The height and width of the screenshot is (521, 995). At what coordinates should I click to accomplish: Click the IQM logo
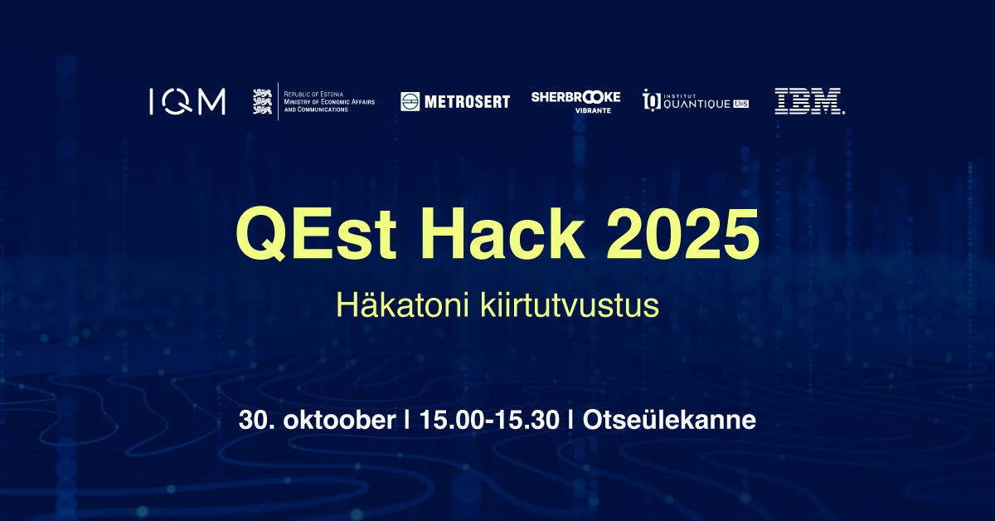coord(187,101)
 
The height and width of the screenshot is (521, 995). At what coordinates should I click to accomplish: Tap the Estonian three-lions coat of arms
coord(262,101)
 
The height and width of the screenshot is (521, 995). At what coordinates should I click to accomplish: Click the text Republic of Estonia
coord(313,95)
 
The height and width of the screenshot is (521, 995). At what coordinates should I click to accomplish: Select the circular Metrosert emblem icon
coord(410,102)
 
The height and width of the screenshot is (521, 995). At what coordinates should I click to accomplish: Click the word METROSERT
coord(468,102)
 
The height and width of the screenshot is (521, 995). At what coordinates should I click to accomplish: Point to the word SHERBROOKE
coord(575,97)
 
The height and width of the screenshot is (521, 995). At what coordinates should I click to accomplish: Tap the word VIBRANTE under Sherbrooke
coord(593,110)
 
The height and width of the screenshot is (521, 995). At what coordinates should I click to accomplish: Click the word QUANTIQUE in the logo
coord(696,105)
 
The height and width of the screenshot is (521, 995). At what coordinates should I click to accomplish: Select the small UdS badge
coord(741,104)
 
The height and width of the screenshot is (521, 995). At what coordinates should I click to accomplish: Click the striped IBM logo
coord(809,101)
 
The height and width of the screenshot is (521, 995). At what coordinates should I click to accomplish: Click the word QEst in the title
coord(316,233)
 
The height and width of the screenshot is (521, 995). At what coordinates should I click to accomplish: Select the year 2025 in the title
coord(682,233)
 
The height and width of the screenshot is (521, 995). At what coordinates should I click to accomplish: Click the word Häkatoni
coord(402,305)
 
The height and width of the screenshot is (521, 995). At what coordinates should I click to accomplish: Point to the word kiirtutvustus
coord(570,305)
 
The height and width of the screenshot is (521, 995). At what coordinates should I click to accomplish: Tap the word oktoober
coord(339,420)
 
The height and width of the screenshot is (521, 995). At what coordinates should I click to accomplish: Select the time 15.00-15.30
coord(489,420)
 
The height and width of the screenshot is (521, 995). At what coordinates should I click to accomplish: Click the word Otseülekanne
coord(669,420)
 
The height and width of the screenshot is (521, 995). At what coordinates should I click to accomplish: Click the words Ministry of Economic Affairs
coord(329,102)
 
